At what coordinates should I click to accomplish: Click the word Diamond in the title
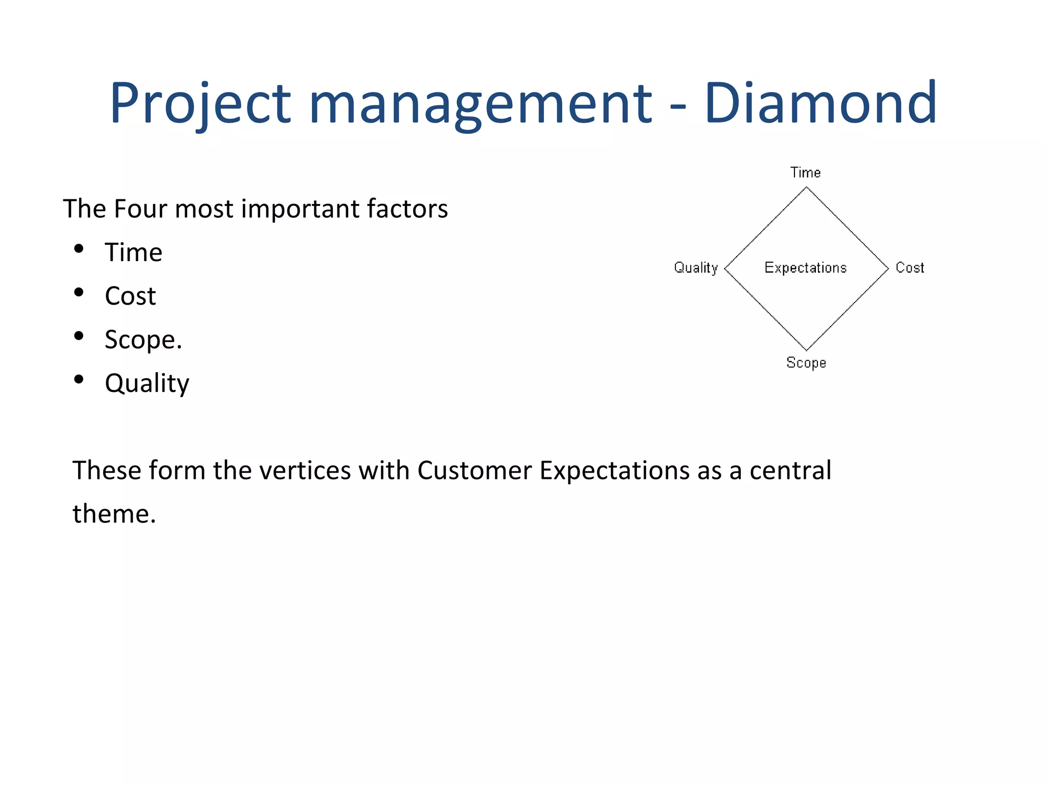point(820,104)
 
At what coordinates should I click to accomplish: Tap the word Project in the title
point(200,104)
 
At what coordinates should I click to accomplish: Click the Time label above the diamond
point(805,173)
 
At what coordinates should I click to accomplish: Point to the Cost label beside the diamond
point(909,268)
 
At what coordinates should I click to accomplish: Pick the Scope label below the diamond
point(806,363)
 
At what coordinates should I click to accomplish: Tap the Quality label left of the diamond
point(696,268)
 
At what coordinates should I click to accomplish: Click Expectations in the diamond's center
point(805,268)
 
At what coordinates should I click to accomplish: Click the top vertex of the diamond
point(806,188)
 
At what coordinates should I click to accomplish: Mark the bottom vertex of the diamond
point(806,350)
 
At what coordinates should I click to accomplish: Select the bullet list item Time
point(133,252)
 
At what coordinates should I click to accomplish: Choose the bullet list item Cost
point(130,296)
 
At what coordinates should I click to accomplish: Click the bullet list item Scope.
point(143,340)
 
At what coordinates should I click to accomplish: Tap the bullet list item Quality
point(147,383)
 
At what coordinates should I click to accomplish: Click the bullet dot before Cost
point(78,292)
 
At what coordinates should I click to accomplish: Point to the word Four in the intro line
point(140,209)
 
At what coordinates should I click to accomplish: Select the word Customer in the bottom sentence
point(474,470)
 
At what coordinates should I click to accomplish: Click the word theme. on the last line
point(114,514)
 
